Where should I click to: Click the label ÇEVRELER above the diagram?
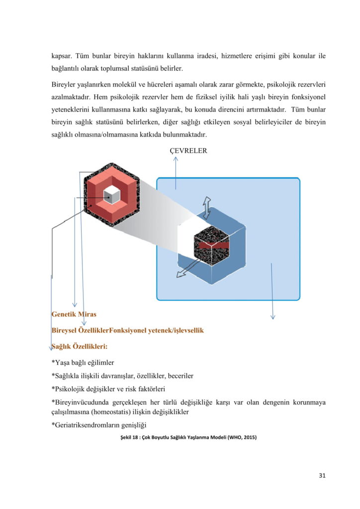185,151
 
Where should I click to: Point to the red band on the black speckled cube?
211,245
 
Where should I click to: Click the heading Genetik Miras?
74,314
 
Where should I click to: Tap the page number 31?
322,475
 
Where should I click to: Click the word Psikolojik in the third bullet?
71,388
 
